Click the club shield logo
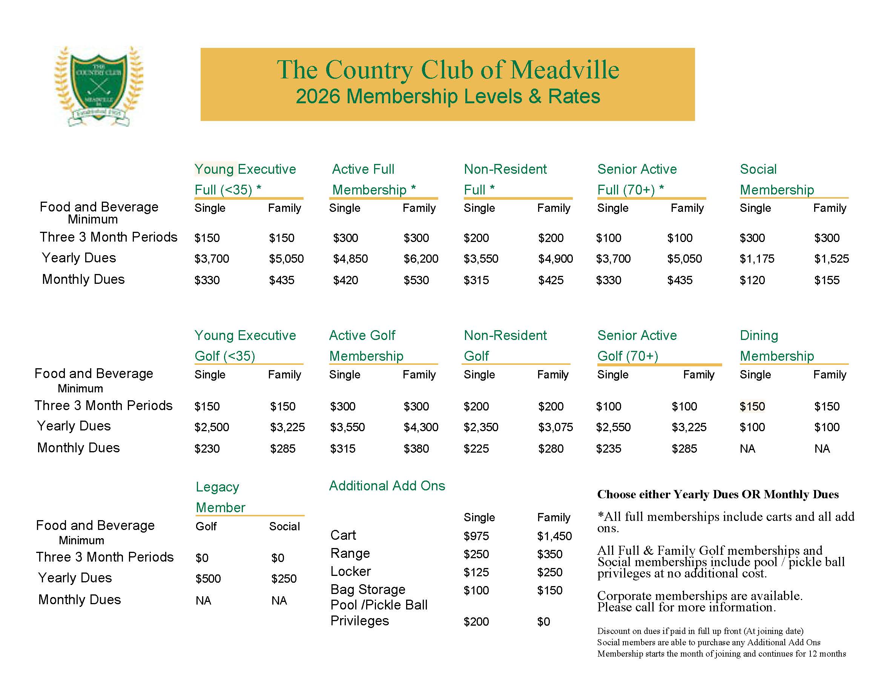coord(98,85)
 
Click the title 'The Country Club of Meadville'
coord(448,69)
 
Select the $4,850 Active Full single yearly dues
coord(350,259)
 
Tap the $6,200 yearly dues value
coord(420,259)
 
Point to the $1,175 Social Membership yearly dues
coord(756,259)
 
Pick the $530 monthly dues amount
coord(416,280)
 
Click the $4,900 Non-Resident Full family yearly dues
coord(555,259)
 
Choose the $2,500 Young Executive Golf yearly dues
coord(212,427)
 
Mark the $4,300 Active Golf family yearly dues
coord(420,427)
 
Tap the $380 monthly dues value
coord(416,449)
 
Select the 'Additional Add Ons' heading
coord(387,486)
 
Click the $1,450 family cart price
coord(554,536)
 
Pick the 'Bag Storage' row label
coord(368,589)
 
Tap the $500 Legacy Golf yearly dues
coord(208,579)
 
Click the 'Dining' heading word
coord(759,335)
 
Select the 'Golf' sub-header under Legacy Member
coord(206,527)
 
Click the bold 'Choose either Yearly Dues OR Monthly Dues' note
coord(718,495)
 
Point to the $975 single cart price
coord(476,536)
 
